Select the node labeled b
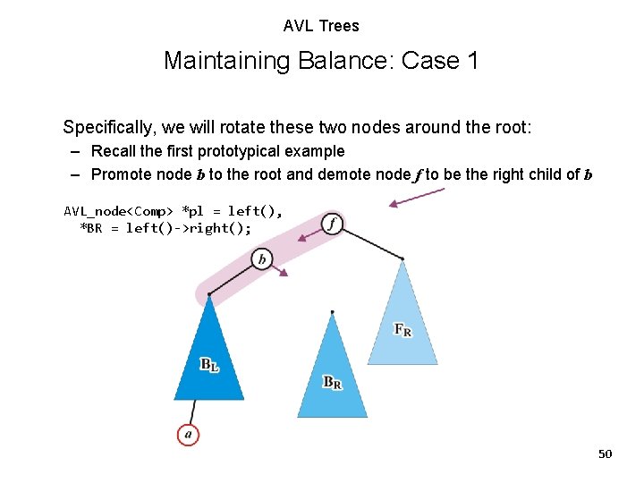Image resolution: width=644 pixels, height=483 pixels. point(261,259)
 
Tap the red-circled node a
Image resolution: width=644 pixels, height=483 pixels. point(187,435)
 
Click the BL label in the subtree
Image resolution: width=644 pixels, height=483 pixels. point(209,364)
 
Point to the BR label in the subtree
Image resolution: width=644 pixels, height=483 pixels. point(332,382)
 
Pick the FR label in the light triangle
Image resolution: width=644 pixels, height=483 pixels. point(403,329)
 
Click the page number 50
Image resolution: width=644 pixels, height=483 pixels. point(605,454)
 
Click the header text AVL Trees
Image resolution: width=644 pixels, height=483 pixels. point(321,26)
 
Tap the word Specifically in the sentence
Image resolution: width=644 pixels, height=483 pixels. point(106,127)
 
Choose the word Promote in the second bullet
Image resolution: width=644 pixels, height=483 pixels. point(121,174)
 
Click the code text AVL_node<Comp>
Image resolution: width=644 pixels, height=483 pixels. point(120,211)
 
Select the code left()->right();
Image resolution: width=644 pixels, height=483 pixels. point(188,228)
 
